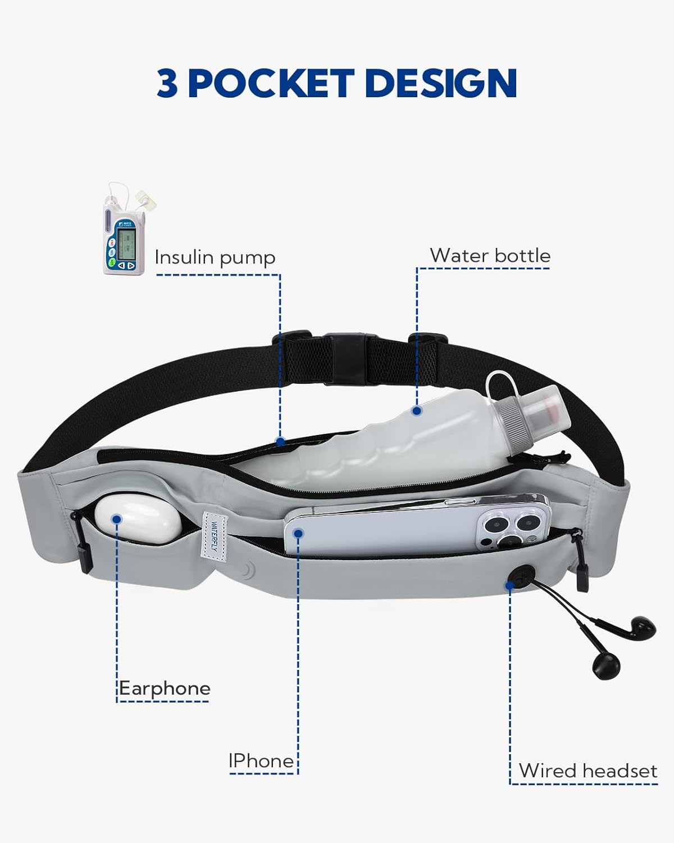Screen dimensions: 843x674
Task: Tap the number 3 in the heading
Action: [167, 84]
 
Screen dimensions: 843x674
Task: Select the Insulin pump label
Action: [215, 257]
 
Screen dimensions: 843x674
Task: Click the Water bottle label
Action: [490, 255]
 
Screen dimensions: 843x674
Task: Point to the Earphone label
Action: [165, 688]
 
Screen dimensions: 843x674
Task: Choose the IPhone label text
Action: [261, 760]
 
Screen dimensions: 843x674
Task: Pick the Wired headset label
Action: [588, 770]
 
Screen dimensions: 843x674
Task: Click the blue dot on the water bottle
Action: [416, 411]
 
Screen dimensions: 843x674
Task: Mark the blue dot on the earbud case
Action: [116, 519]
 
